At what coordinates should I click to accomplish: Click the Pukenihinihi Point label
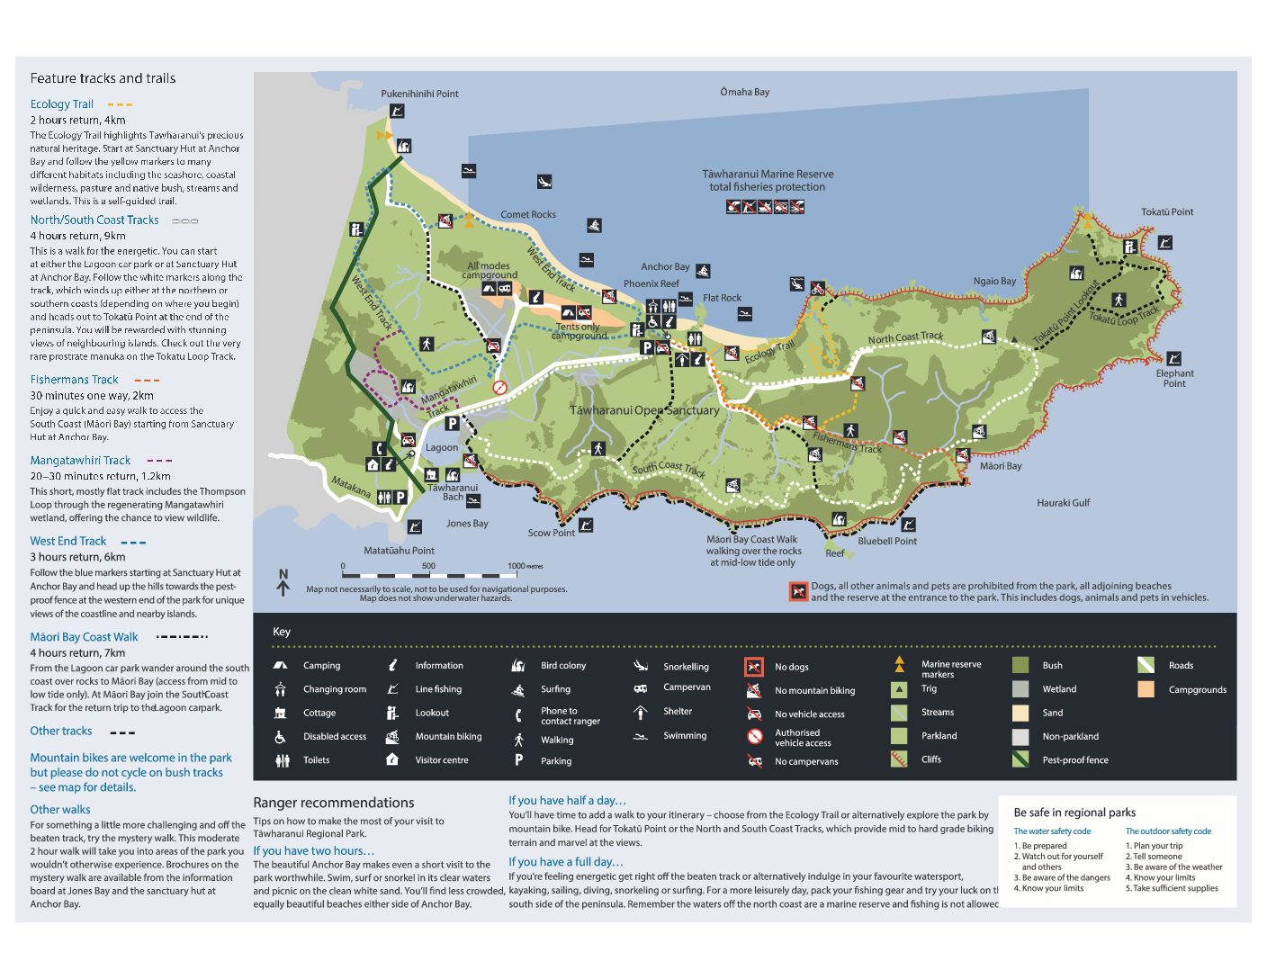tap(419, 94)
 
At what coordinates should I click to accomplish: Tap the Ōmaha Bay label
tap(744, 92)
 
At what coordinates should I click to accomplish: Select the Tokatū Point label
tap(1167, 212)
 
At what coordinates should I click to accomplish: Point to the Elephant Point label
tap(1174, 379)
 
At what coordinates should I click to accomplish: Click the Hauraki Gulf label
tap(1063, 503)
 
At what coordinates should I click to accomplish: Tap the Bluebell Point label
tap(887, 542)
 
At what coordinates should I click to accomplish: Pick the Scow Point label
tap(551, 533)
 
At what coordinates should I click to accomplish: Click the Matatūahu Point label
tap(399, 551)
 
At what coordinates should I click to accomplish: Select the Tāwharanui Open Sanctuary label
tap(644, 410)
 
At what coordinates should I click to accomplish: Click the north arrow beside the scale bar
tap(283, 583)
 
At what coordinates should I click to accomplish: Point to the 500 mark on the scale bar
tap(428, 566)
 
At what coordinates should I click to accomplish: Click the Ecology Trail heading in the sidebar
tap(61, 104)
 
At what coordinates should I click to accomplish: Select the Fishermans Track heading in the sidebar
tap(74, 380)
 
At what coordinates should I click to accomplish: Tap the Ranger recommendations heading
tap(334, 803)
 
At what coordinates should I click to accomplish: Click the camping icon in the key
tap(281, 666)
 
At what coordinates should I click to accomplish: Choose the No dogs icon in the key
tap(754, 667)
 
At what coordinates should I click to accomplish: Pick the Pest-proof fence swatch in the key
tap(1020, 759)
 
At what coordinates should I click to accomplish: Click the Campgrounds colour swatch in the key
tap(1146, 689)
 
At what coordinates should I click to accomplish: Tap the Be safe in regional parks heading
tap(1074, 813)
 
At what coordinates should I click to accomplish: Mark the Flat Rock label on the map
tap(722, 298)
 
